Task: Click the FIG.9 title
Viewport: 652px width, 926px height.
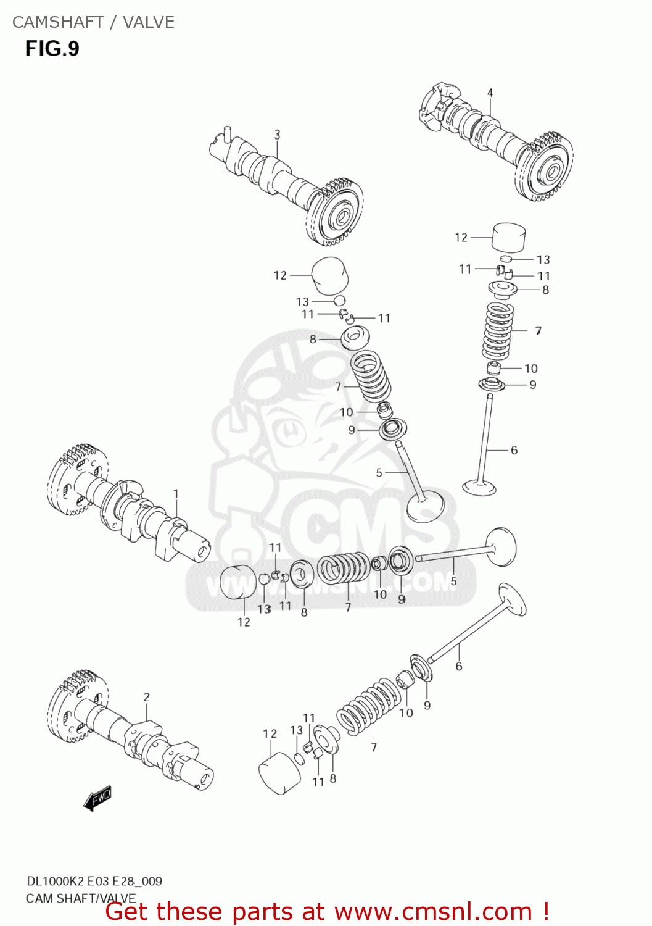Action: [52, 49]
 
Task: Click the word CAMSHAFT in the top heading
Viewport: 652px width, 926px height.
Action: [58, 22]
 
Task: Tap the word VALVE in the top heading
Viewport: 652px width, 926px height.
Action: [149, 22]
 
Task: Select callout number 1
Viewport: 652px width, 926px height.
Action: [176, 494]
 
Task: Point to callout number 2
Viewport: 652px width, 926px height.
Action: [147, 697]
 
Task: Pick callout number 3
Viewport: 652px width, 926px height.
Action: [278, 134]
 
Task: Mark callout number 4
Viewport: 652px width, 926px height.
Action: [490, 93]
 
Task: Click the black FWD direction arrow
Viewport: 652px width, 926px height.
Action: [97, 798]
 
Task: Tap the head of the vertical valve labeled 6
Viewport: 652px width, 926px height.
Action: [479, 488]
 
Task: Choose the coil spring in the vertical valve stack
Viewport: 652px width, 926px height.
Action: [498, 331]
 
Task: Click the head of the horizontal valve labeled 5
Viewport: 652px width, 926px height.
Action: [500, 546]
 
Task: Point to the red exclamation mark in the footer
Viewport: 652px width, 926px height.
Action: [546, 911]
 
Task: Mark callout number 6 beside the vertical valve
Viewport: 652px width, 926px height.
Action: [514, 450]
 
